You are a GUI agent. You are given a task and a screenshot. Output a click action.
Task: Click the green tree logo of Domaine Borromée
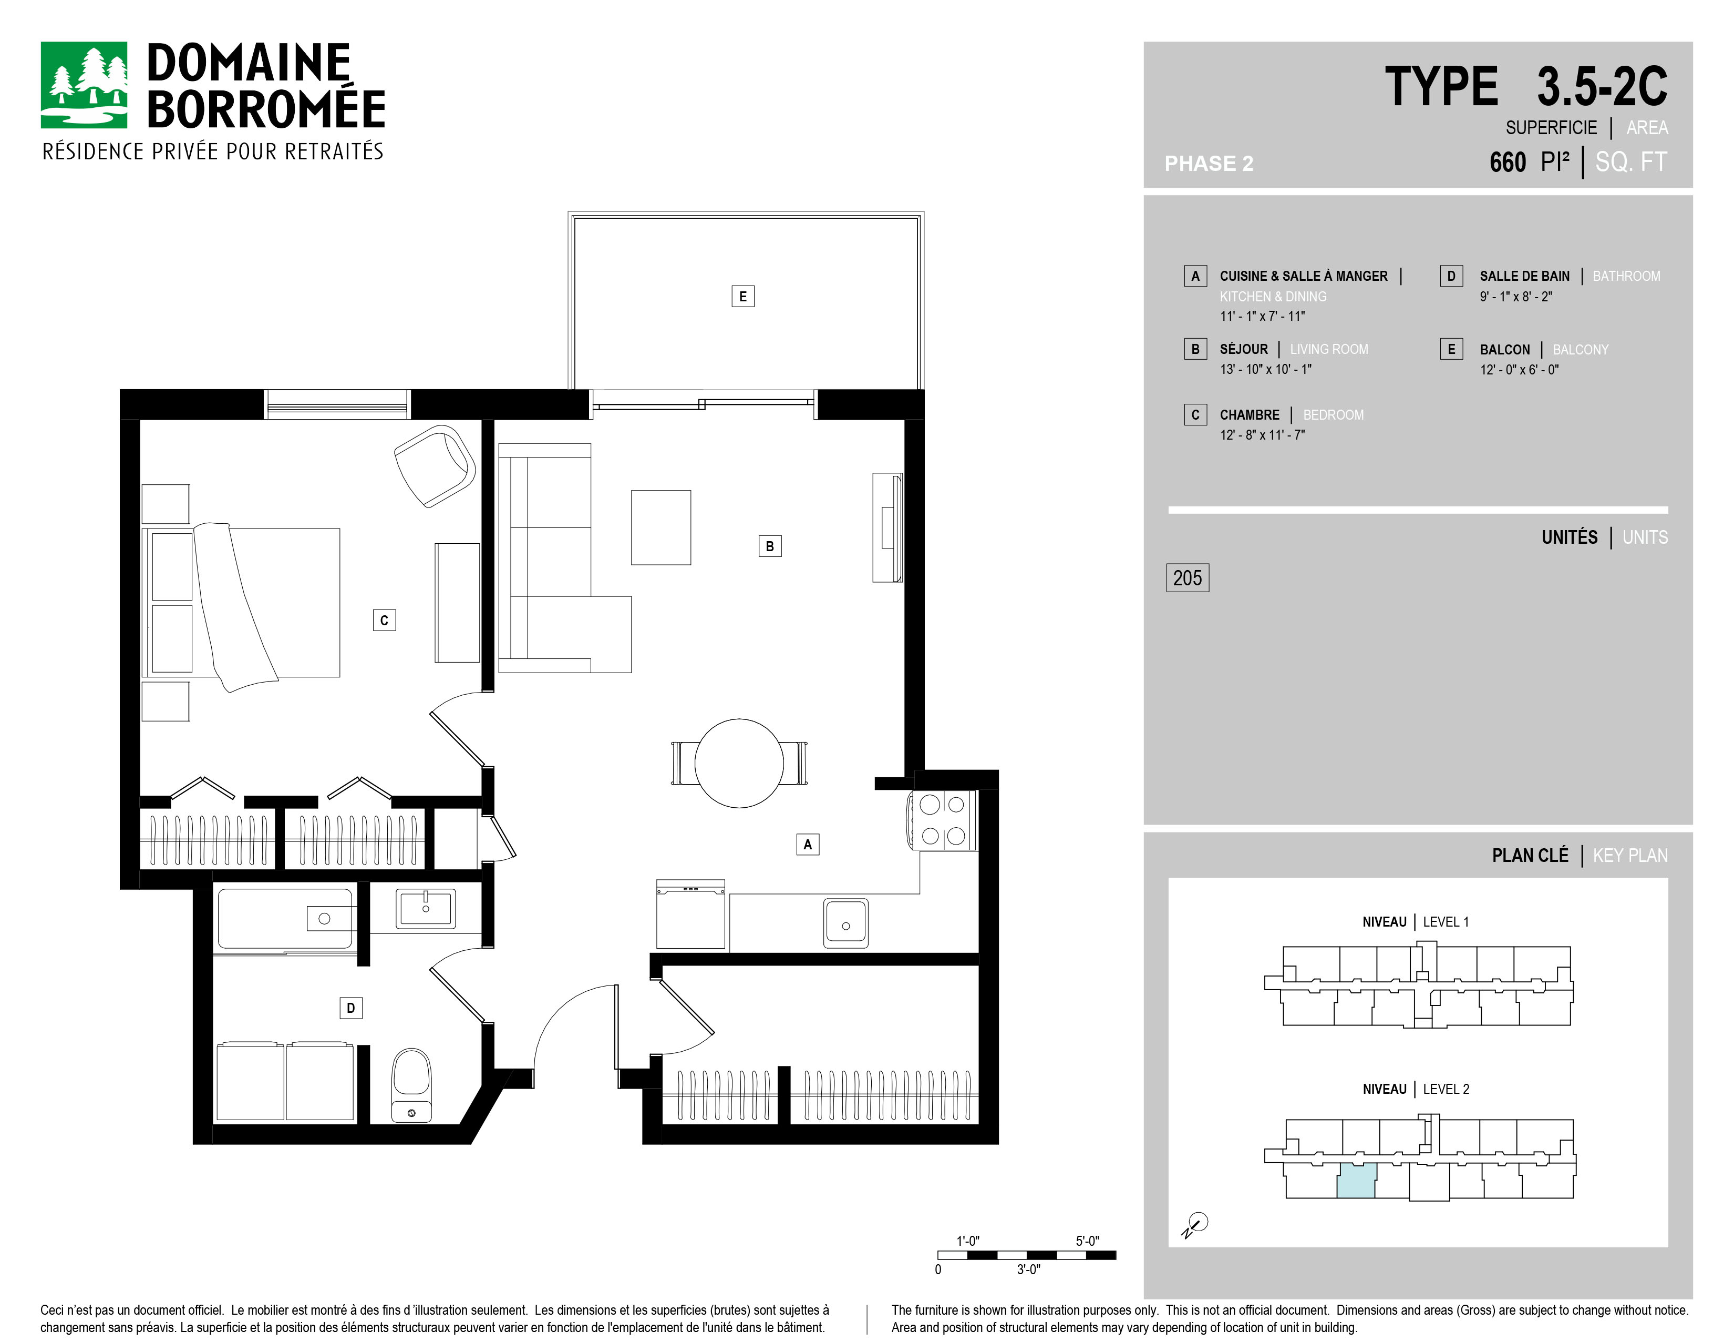tap(84, 85)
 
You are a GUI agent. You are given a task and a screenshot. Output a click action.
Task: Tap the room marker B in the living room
tap(769, 546)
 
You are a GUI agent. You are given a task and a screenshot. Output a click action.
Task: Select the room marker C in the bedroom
tap(384, 619)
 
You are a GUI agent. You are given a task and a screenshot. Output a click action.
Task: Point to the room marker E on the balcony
tap(742, 296)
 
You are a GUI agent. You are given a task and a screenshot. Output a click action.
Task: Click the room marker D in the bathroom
tap(351, 1008)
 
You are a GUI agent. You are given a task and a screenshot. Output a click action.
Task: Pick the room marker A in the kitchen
tap(808, 844)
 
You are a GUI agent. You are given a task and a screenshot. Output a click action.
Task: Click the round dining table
tap(739, 764)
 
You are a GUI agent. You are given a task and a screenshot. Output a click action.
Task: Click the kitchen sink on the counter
tap(845, 922)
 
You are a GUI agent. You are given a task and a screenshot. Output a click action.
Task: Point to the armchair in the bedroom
tap(435, 465)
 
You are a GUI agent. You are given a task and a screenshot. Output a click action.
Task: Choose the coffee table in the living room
tap(660, 527)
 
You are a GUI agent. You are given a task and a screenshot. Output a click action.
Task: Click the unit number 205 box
tap(1187, 577)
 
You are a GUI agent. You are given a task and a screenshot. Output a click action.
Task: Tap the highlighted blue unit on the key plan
tap(1356, 1181)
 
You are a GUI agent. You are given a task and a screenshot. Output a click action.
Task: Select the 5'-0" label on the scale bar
tap(1087, 1241)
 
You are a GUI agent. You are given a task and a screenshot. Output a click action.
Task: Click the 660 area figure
tap(1508, 162)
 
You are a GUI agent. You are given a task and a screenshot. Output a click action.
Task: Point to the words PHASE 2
tap(1209, 164)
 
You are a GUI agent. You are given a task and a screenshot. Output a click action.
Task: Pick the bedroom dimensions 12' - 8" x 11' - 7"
tap(1262, 434)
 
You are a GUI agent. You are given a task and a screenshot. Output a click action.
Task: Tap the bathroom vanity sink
tap(426, 908)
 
